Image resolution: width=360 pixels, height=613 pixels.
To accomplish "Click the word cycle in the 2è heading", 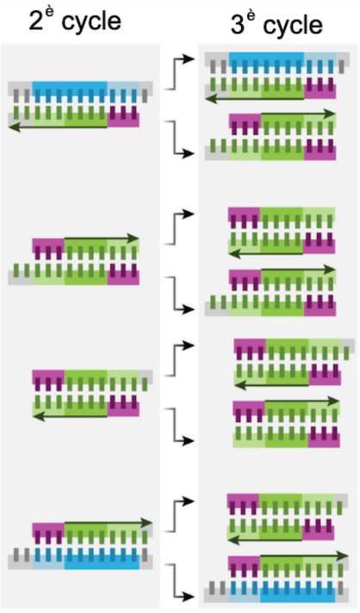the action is pyautogui.click(x=91, y=22).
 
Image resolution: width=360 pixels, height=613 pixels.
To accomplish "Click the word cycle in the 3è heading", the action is pyautogui.click(x=293, y=26).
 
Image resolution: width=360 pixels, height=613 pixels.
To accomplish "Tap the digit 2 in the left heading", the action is pyautogui.click(x=36, y=21).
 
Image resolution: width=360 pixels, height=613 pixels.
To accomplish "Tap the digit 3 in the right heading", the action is pyautogui.click(x=237, y=25).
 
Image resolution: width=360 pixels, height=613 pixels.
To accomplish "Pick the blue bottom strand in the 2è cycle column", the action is pyautogui.click(x=80, y=558).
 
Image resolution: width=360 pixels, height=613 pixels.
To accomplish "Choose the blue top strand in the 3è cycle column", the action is pyautogui.click(x=276, y=63).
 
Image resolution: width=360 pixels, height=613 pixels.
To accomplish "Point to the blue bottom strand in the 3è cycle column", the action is pyautogui.click(x=276, y=591).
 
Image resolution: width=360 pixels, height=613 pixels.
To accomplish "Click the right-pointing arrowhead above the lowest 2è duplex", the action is pyautogui.click(x=146, y=523).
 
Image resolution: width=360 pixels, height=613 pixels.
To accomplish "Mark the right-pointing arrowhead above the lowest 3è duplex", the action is pyautogui.click(x=343, y=556).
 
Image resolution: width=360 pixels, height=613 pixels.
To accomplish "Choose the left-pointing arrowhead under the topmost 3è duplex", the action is pyautogui.click(x=211, y=98).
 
